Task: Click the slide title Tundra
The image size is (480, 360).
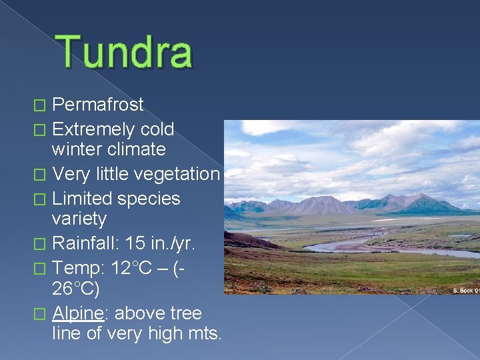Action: (125, 53)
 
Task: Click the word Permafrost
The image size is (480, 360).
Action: (98, 105)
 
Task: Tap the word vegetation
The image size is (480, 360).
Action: (177, 174)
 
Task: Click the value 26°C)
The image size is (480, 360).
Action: (75, 289)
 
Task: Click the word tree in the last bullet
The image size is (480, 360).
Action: (185, 313)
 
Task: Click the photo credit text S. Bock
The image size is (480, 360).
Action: (463, 290)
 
